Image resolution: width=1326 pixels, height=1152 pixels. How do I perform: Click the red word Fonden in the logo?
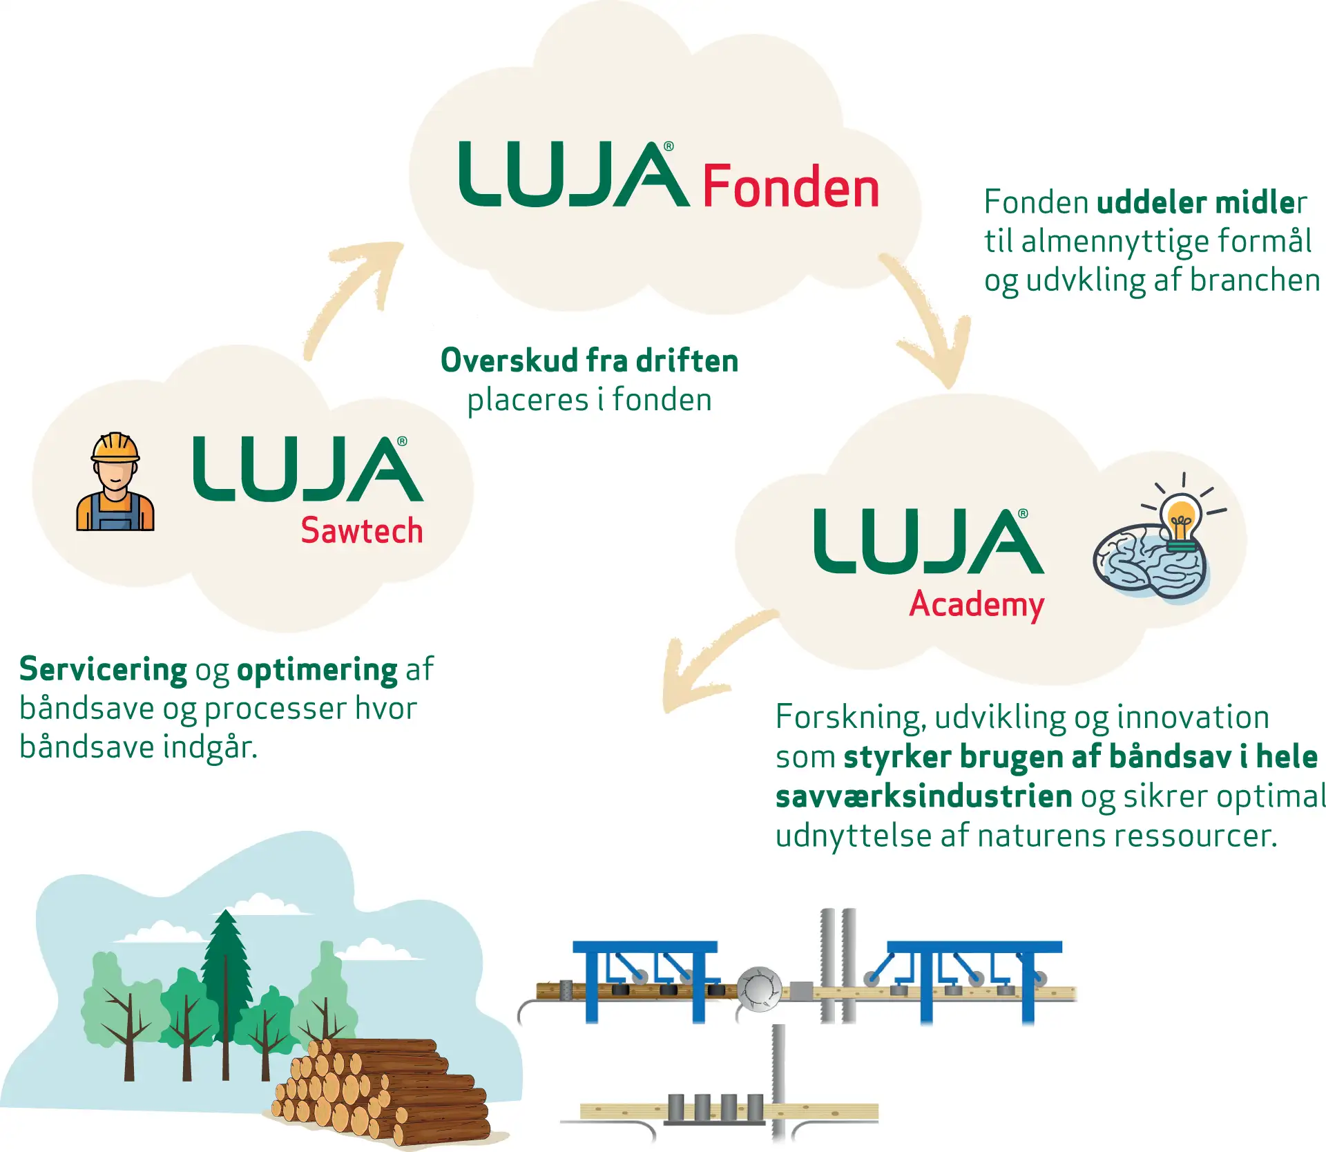(x=791, y=186)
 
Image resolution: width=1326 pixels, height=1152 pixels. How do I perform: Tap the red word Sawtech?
(x=361, y=531)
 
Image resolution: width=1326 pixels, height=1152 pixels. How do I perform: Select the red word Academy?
(x=976, y=604)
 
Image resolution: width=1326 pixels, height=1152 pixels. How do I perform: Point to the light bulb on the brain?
(x=1182, y=519)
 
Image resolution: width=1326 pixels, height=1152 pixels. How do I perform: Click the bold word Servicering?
(x=103, y=669)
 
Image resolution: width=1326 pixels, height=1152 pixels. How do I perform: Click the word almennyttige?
(x=1115, y=242)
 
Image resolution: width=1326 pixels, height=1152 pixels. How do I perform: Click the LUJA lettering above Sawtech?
(x=308, y=470)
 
